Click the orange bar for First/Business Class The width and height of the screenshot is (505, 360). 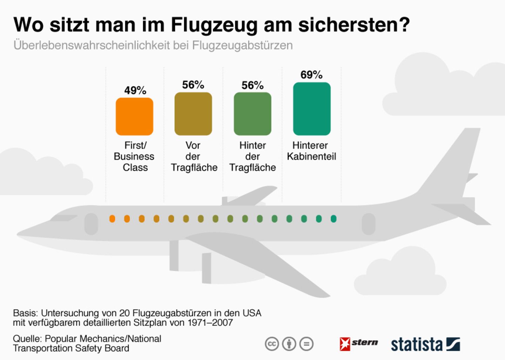[x=134, y=116]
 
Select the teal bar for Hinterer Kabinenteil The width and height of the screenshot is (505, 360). [x=311, y=109]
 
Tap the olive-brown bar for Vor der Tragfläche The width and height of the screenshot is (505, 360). [x=193, y=114]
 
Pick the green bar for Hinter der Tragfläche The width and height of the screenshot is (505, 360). [x=252, y=114]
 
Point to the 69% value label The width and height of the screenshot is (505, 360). [x=311, y=75]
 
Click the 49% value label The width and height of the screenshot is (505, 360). [x=135, y=91]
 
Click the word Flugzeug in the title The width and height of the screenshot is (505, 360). [x=214, y=25]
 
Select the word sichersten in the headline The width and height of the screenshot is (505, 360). [x=353, y=25]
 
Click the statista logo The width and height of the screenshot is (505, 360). [x=425, y=344]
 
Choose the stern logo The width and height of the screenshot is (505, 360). [x=358, y=344]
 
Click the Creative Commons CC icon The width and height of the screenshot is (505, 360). [x=272, y=344]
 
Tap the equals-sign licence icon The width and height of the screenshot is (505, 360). [x=307, y=344]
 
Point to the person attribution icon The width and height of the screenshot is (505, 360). [x=289, y=344]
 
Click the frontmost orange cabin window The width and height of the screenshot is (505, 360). [x=112, y=219]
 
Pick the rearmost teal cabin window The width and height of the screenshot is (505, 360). [x=334, y=219]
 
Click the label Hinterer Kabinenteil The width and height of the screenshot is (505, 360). [x=311, y=151]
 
